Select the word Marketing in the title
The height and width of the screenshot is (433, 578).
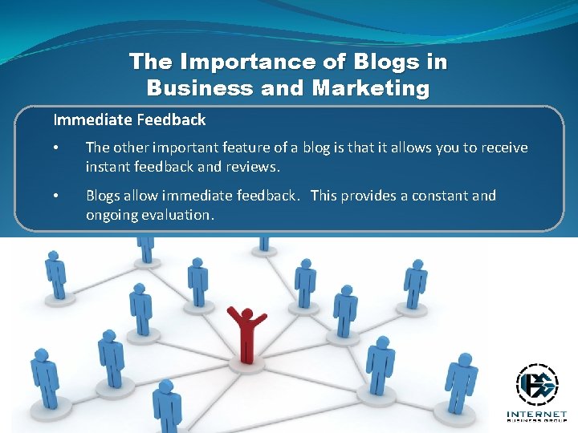371,87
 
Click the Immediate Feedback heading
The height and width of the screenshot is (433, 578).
129,120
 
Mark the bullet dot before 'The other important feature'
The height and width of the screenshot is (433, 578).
56,148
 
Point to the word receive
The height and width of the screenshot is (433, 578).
503,148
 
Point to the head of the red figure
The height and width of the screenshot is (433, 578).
246,314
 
